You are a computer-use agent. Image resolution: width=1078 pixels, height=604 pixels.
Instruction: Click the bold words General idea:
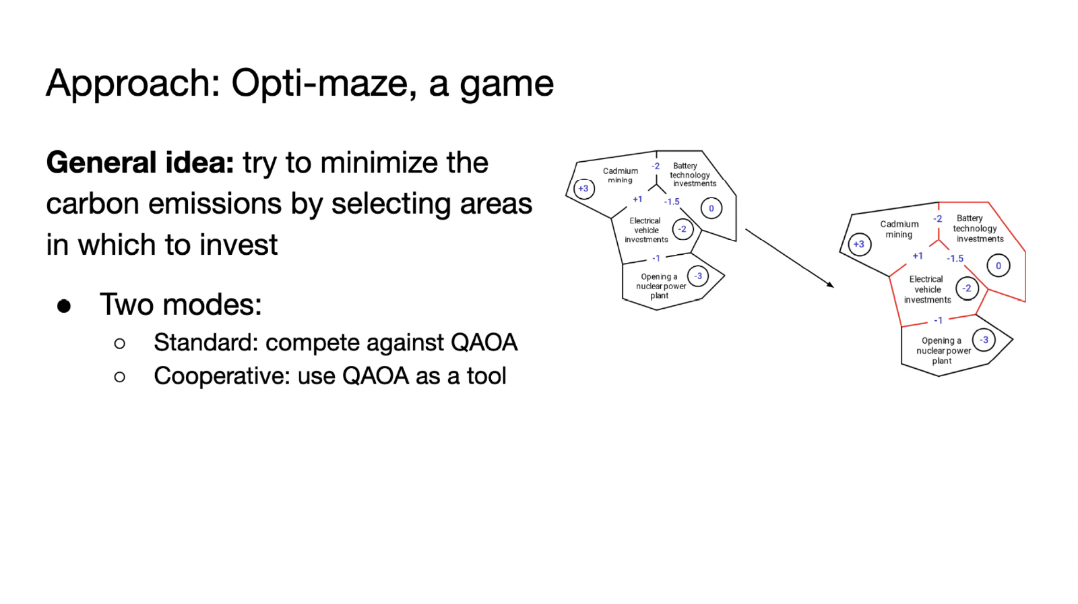click(x=139, y=163)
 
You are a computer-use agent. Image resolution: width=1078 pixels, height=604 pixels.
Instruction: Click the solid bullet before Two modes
click(x=64, y=306)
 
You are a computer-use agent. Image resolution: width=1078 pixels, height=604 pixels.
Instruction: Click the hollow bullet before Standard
click(x=120, y=344)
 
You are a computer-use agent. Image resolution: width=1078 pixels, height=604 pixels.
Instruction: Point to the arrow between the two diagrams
click(x=789, y=258)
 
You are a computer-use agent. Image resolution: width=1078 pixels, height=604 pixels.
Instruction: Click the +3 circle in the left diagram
click(x=583, y=189)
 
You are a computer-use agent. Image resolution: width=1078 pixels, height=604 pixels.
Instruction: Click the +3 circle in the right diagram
click(x=859, y=244)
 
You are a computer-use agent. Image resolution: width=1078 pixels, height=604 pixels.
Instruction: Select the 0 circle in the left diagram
click(x=711, y=208)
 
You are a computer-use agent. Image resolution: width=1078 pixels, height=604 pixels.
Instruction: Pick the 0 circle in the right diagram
click(x=998, y=266)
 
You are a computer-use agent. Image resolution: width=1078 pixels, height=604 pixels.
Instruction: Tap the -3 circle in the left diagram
click(x=698, y=276)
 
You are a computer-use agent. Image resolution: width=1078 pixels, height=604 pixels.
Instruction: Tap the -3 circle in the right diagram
click(x=984, y=340)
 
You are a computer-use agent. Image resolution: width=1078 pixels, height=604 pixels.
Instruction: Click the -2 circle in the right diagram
click(x=967, y=289)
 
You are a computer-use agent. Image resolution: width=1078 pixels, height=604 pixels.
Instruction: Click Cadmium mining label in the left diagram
click(x=620, y=175)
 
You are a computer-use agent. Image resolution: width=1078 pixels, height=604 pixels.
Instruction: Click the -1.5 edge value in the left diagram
click(x=672, y=202)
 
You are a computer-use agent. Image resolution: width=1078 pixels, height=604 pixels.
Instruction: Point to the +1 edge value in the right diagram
click(x=918, y=256)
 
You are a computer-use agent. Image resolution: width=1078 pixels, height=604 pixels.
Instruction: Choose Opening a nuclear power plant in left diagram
click(x=660, y=286)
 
